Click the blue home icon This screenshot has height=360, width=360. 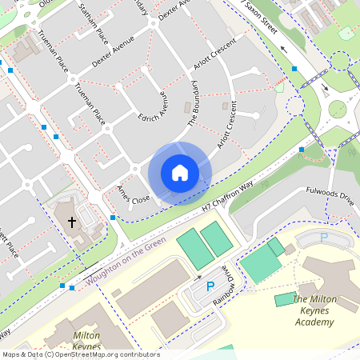tap(180, 173)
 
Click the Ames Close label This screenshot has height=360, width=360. tap(133, 193)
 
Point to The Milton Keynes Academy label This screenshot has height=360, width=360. tap(314, 311)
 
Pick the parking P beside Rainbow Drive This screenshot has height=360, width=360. tap(210, 286)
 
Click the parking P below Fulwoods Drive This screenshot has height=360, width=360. tap(324, 238)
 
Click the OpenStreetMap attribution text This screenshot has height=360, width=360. tap(81, 354)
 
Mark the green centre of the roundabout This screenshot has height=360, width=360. tap(338, 109)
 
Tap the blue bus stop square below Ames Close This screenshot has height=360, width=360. tap(113, 218)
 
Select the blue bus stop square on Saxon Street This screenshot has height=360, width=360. tap(295, 70)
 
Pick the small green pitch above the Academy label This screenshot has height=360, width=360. tap(285, 299)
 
